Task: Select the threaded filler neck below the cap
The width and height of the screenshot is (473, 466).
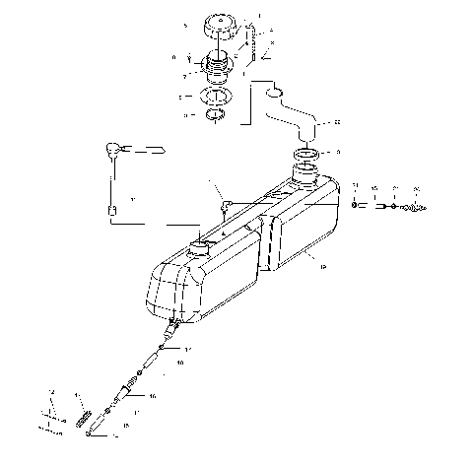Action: pyautogui.click(x=217, y=69)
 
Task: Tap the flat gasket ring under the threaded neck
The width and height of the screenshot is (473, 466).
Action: pyautogui.click(x=217, y=99)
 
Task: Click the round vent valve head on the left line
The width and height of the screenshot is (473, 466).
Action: pyautogui.click(x=116, y=150)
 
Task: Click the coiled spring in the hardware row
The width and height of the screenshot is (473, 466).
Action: pyautogui.click(x=418, y=208)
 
